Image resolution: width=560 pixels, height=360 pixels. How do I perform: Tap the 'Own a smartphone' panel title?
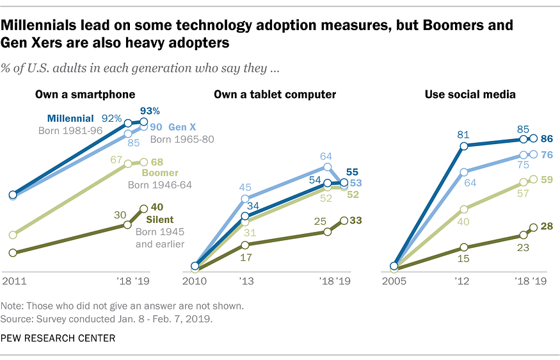click(x=85, y=94)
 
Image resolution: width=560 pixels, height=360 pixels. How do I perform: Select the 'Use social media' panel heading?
click(x=470, y=94)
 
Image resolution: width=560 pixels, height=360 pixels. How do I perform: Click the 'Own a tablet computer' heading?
click(x=275, y=94)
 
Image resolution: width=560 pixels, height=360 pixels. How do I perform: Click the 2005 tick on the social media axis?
click(x=395, y=282)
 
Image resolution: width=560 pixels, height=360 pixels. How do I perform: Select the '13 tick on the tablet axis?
click(x=246, y=282)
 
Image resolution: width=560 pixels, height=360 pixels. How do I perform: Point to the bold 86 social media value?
click(x=547, y=138)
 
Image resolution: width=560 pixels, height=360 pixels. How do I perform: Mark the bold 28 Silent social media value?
click(x=547, y=227)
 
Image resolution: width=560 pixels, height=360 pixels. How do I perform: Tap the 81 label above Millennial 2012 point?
click(x=464, y=135)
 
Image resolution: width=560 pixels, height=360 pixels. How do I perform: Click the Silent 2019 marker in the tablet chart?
click(x=344, y=220)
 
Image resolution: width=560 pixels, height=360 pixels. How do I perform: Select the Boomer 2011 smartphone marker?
click(x=13, y=234)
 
